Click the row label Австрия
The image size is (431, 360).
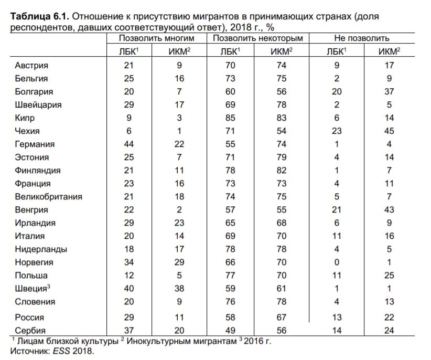point(31,66)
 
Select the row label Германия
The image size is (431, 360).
point(35,144)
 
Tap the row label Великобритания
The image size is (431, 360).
point(49,197)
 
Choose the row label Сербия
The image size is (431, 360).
point(30,331)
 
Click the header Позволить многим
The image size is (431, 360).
point(157,38)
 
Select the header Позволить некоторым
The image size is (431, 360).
point(258,38)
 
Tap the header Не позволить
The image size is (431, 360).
point(362,38)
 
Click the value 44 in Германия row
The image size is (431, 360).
point(129,144)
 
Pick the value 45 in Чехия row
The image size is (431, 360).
point(389,131)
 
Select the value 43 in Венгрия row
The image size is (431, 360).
point(389,210)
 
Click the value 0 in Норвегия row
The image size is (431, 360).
point(337,262)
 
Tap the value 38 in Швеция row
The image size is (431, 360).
point(180,289)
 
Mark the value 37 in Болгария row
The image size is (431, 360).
point(389,92)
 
